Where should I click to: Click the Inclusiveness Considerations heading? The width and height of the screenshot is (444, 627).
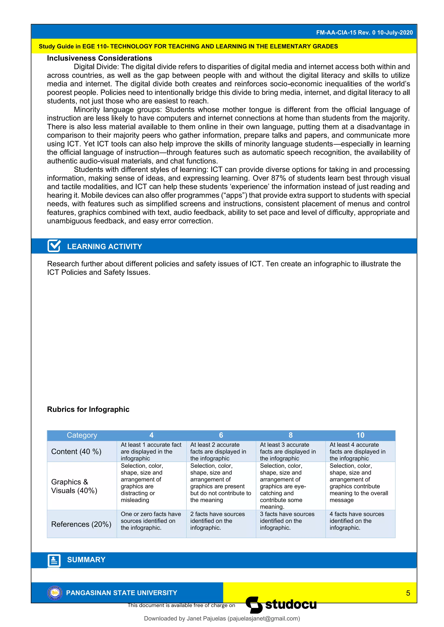point(99,58)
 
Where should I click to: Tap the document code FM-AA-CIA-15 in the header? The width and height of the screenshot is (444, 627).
point(336,32)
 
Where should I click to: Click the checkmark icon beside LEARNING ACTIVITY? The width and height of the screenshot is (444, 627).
point(54,246)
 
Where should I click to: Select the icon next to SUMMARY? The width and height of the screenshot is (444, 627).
point(54,561)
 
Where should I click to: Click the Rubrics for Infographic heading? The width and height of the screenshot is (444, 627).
point(88,409)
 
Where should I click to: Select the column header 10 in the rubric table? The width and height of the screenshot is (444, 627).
point(360,435)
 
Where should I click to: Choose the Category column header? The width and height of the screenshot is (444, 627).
point(82,435)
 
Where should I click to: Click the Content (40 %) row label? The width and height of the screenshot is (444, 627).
point(76,452)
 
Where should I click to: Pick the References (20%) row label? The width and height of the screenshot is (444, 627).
point(81,524)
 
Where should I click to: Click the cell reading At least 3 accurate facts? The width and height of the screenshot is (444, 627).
point(288,452)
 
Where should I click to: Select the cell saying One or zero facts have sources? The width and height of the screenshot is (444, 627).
point(151,521)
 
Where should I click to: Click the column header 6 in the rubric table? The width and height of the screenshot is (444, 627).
point(221,435)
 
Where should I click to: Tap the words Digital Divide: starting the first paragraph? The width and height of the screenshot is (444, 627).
point(96,67)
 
